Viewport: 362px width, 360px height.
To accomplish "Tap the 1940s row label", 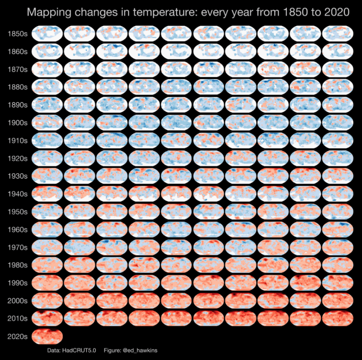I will pos(17,194).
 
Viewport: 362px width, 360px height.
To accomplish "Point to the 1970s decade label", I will pos(17,247).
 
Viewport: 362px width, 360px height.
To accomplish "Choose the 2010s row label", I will pos(17,318).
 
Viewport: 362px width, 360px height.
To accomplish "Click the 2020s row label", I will pos(17,337).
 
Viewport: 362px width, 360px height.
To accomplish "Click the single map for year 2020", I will pos(47,336).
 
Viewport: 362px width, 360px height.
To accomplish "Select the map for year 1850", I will pos(47,33).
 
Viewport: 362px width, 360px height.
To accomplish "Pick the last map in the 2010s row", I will pos(338,318).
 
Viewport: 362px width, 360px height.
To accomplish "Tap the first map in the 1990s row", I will pos(47,282).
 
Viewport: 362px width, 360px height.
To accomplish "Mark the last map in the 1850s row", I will pos(338,33).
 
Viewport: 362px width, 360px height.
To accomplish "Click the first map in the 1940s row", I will pos(47,194).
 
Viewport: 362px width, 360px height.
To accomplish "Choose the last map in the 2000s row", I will pos(338,300).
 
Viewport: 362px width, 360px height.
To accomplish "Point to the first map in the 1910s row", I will pos(47,140).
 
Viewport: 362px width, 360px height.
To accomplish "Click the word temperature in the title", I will pos(163,12).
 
